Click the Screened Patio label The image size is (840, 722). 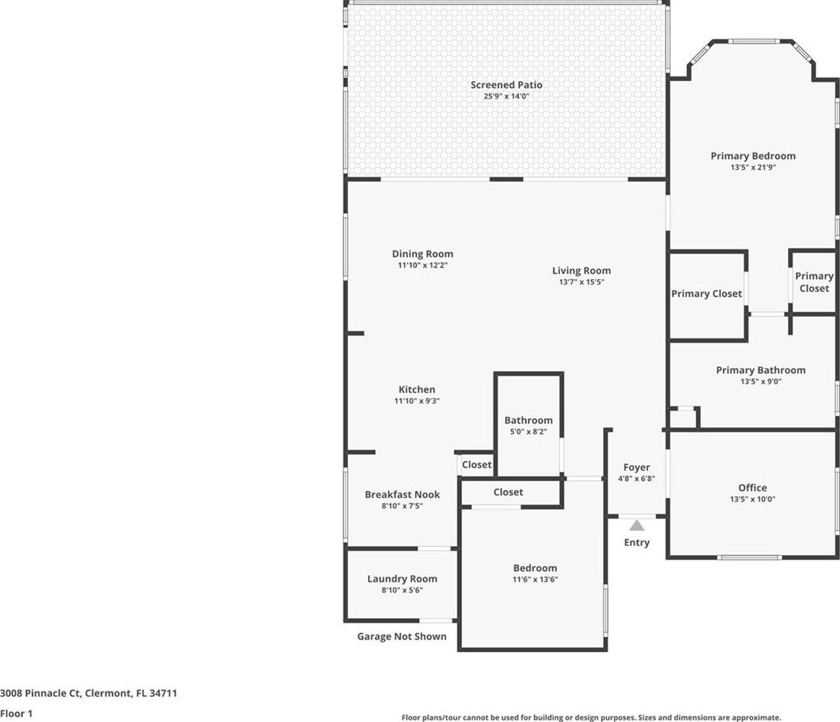coord(506,85)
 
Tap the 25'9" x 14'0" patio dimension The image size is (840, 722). coord(506,96)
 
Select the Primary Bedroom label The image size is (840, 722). coord(753,156)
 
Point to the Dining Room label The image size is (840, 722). coord(423,254)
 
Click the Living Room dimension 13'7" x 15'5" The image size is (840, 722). coord(581,281)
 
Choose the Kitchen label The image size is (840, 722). coord(417,389)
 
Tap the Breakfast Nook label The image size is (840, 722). coord(402,494)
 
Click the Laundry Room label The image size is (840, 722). coord(402,578)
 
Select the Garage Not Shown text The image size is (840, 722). coord(402,636)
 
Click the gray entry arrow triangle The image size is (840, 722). coord(637,525)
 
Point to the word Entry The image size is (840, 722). coord(637,542)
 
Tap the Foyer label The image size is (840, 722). coord(637,467)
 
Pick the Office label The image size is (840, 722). coord(752,487)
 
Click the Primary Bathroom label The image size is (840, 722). coord(760,370)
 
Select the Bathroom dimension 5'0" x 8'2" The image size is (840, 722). coord(528,431)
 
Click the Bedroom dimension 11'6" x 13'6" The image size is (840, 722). coord(536,579)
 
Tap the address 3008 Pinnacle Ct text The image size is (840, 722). coord(41,693)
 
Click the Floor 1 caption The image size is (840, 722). coord(16,714)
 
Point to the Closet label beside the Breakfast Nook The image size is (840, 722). coord(477,464)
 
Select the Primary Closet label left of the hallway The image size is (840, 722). coord(707,294)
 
